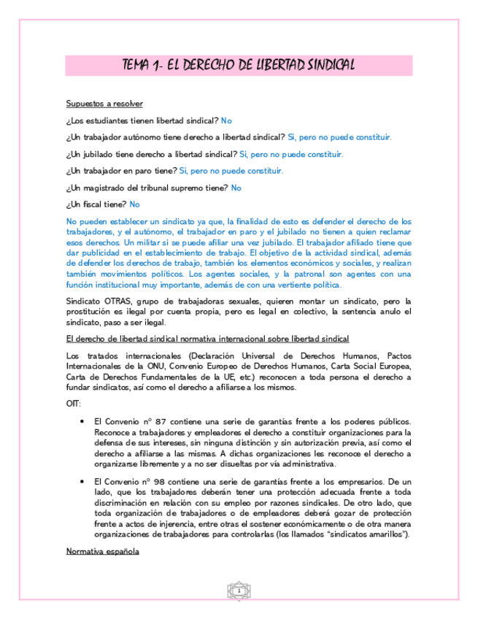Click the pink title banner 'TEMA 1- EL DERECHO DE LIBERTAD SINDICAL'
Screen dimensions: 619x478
[239, 66]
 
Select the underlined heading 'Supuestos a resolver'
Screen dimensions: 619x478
[104, 104]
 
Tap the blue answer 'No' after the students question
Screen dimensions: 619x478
[226, 120]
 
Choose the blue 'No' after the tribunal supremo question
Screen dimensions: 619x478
[236, 188]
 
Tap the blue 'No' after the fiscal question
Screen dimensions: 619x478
[134, 204]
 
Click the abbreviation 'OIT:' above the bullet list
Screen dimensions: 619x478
[74, 403]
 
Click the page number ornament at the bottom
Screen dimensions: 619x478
[239, 590]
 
